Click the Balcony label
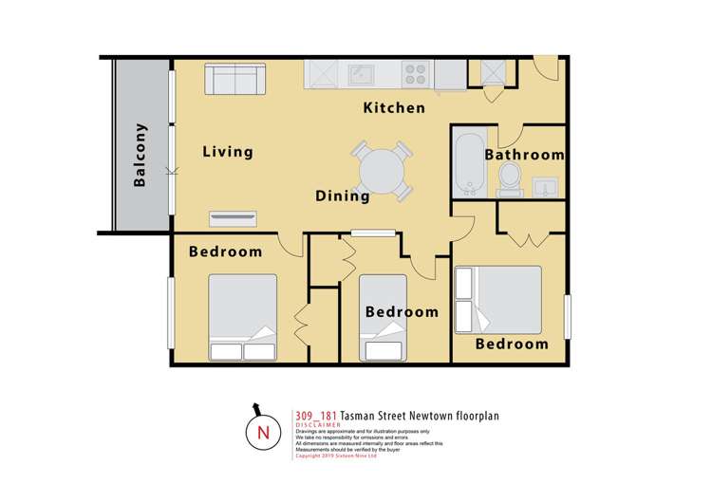[x=141, y=155]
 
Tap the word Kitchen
[x=395, y=108]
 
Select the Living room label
[x=228, y=151]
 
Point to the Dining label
[x=343, y=196]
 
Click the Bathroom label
[x=525, y=155]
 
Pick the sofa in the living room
[x=237, y=79]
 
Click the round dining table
[x=382, y=171]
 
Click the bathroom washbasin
[x=547, y=187]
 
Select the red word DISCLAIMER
[x=318, y=426]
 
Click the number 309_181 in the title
[x=318, y=415]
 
